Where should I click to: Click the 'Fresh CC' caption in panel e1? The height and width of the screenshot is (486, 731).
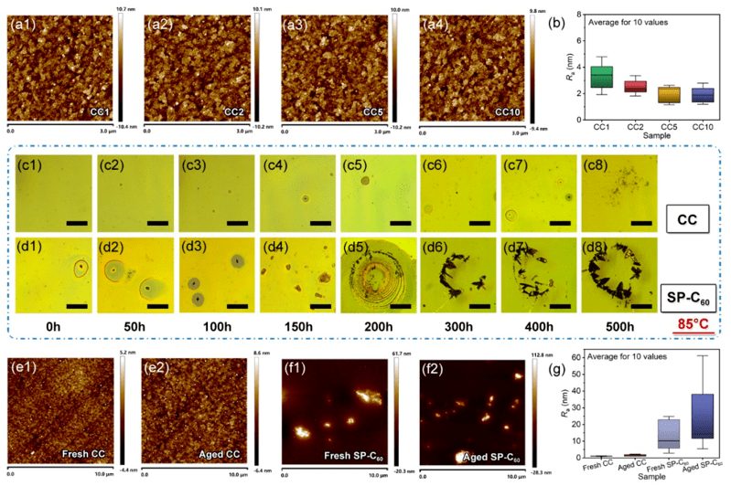pyautogui.click(x=86, y=452)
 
